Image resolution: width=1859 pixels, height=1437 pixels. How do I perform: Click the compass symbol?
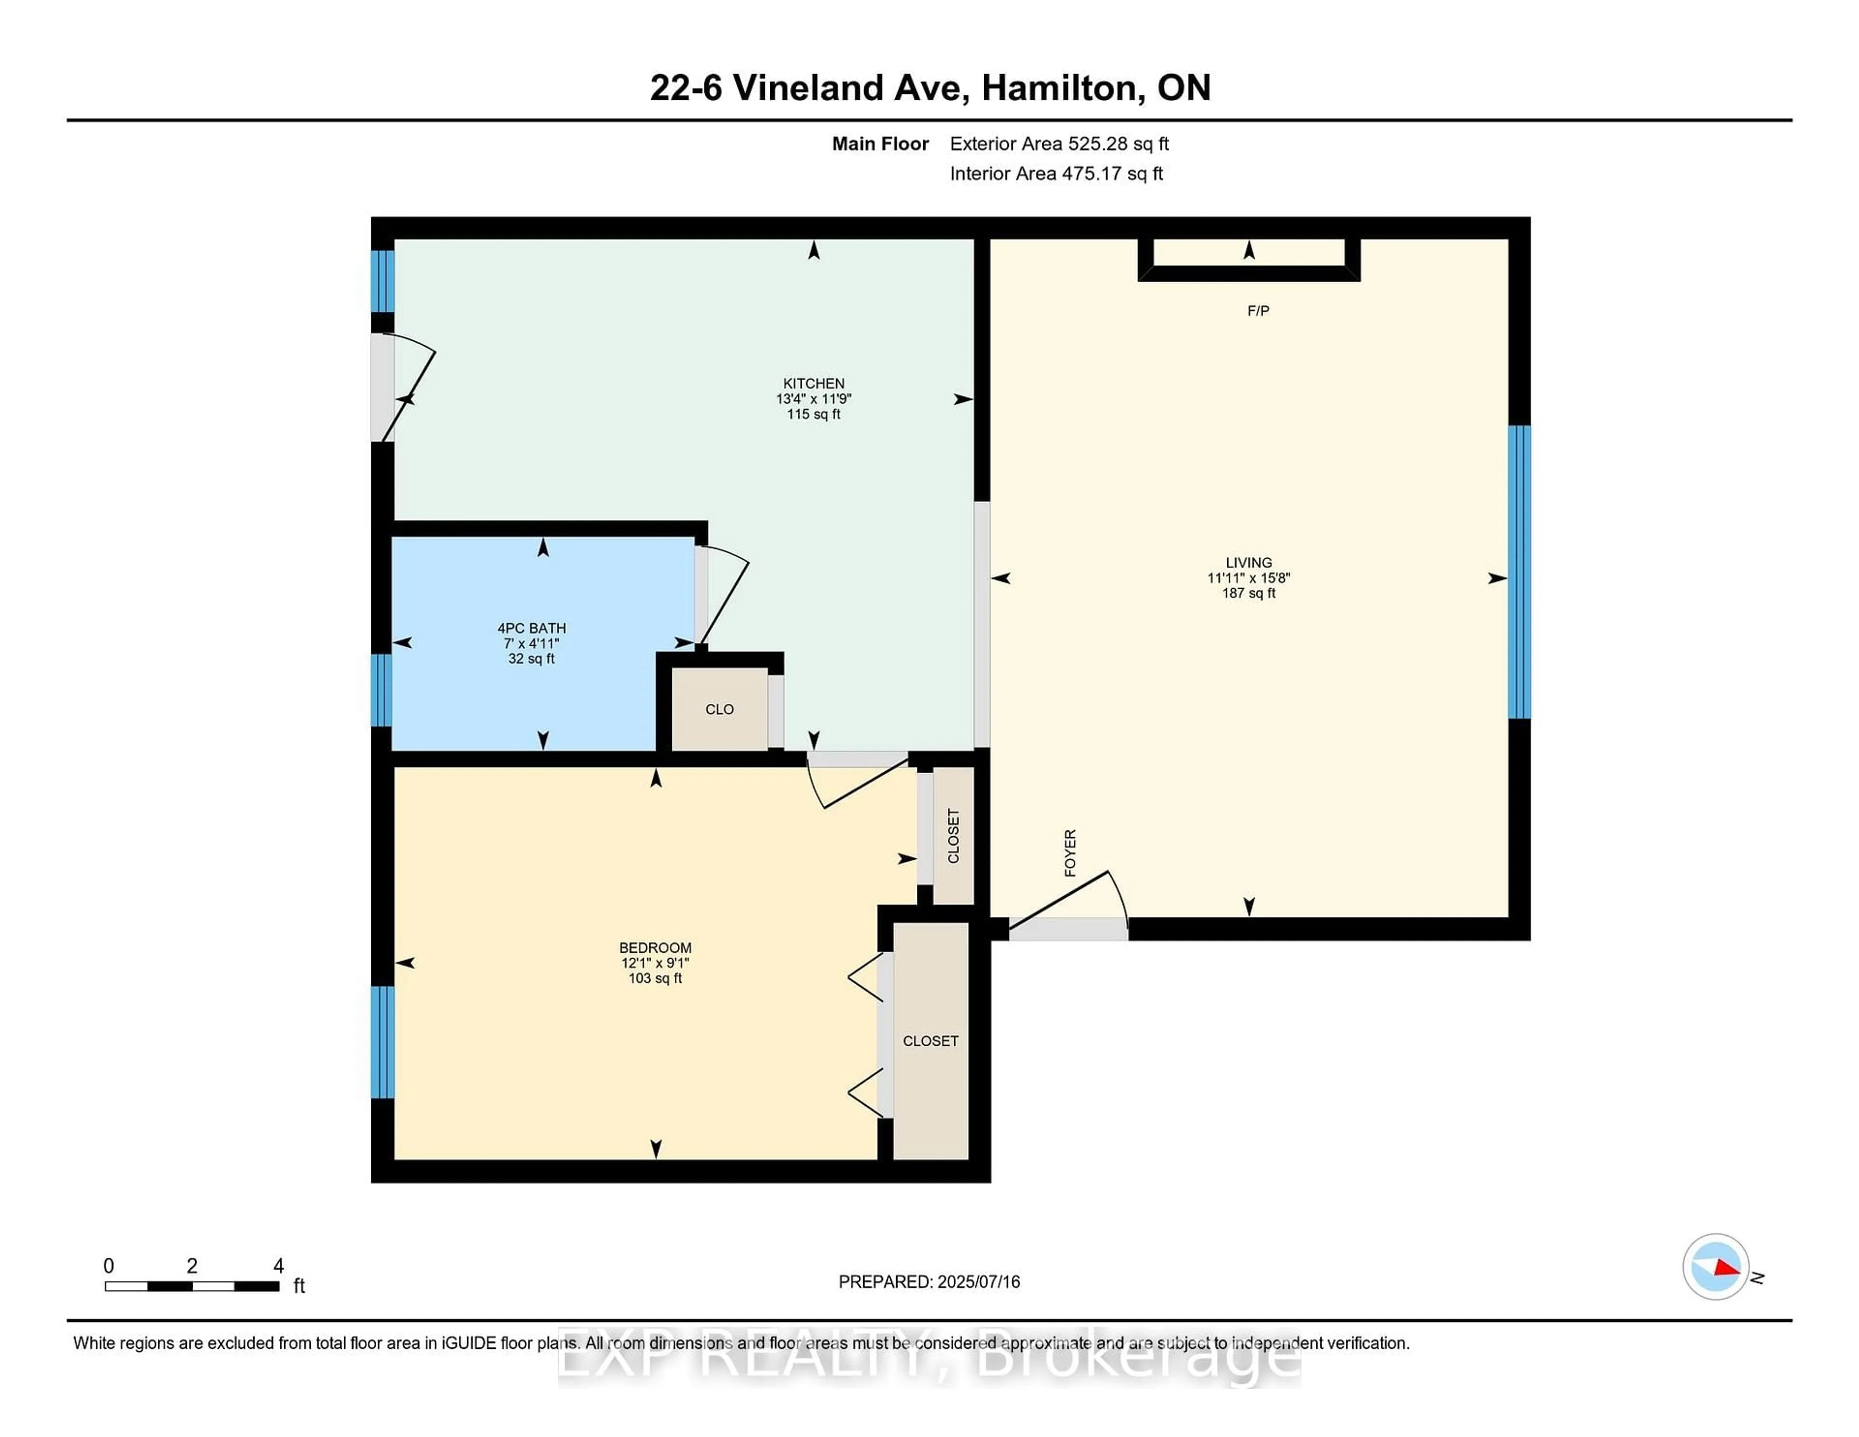[1715, 1267]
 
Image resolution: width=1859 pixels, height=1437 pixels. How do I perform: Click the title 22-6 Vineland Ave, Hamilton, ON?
[929, 88]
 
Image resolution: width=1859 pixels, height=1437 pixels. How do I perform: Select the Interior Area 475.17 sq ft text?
[1055, 174]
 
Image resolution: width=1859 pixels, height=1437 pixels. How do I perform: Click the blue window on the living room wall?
[1519, 572]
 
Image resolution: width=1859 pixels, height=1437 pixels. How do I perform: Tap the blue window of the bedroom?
[382, 1042]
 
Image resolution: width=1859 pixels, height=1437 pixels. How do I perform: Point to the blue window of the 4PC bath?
[382, 689]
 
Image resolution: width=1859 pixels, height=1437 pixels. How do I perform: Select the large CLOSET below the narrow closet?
[930, 1041]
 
